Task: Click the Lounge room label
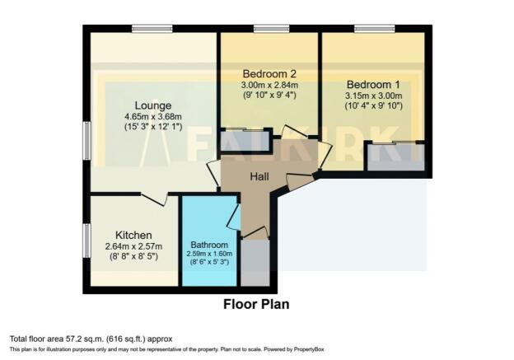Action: click(x=153, y=106)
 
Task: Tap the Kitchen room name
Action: click(x=133, y=235)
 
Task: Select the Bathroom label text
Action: click(x=209, y=245)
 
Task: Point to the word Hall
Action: click(x=259, y=177)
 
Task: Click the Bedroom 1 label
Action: click(x=373, y=85)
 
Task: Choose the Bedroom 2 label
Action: click(x=269, y=73)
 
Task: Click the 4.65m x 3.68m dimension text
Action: click(x=153, y=116)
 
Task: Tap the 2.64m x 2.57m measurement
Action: click(x=133, y=245)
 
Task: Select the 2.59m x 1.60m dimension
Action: click(x=209, y=254)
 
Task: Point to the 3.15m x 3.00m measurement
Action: click(x=373, y=96)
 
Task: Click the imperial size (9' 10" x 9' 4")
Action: click(x=269, y=96)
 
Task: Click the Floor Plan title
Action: click(x=256, y=304)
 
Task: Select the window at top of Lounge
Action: click(x=152, y=29)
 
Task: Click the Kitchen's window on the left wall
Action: click(x=86, y=241)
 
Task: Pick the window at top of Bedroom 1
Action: click(x=374, y=29)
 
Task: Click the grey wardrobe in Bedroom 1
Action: click(x=396, y=157)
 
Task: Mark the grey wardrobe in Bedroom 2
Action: click(x=245, y=141)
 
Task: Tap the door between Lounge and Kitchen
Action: click(x=154, y=199)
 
